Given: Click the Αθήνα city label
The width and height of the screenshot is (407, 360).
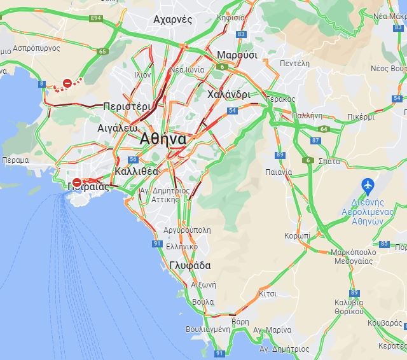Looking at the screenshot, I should coord(163,139).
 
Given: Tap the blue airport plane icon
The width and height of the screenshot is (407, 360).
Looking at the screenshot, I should coord(367,185).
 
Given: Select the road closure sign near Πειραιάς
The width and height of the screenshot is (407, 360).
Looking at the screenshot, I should coord(76,182).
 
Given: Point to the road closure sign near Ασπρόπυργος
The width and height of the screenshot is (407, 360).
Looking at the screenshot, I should coord(67,83).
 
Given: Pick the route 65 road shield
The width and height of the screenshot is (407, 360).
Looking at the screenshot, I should coord(102,51).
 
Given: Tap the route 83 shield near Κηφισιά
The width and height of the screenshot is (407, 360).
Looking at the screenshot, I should coord(240,34).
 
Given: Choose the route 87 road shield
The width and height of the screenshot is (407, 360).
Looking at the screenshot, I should coord(316,140).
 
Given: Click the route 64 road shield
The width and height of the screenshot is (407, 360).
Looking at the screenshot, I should coord(324,129).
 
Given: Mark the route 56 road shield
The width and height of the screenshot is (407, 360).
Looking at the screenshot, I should coord(133,160).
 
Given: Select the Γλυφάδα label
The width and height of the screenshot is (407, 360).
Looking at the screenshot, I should coord(190,265).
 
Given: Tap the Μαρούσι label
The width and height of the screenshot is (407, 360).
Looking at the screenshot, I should coord(237,55).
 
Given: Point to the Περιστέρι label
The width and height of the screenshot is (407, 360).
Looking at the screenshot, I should coord(127,106).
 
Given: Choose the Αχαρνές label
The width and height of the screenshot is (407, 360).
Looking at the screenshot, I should coord(172,19).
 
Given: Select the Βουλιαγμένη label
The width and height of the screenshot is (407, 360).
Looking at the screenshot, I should coord(207,329).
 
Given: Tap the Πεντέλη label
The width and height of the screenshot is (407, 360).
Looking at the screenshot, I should coord(294,64).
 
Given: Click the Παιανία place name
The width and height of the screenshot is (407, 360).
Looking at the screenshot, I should coord(279,172).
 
